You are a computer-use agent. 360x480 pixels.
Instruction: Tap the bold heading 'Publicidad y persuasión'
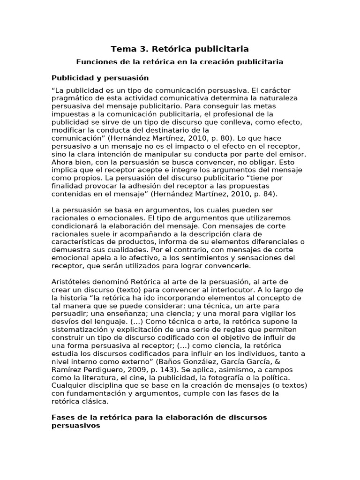[x=100, y=78]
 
